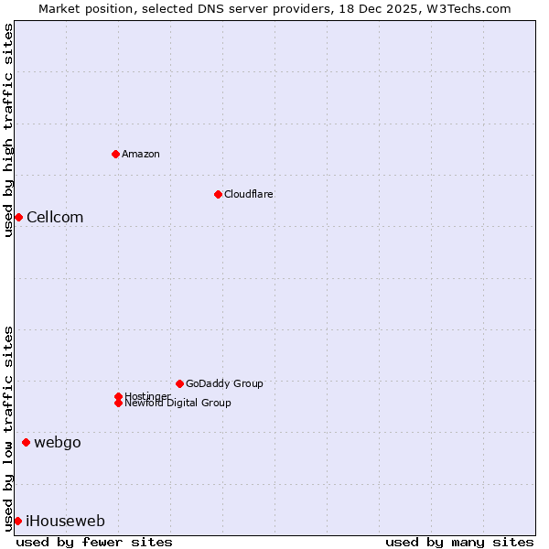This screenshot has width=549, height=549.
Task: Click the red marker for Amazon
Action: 116,154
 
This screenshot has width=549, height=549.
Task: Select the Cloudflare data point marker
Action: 218,194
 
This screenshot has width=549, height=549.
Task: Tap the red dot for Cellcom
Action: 18,217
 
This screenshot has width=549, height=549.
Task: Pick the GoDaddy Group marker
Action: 179,383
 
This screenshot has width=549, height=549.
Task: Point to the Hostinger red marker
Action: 118,396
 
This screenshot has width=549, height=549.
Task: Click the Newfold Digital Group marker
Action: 118,403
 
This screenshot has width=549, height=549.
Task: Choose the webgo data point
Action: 26,443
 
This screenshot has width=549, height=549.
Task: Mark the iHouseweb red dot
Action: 17,521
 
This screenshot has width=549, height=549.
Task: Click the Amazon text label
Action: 141,154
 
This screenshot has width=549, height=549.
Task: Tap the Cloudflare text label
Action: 249,194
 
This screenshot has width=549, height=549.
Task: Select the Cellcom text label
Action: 55,217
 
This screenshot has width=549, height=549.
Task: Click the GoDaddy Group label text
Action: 224,383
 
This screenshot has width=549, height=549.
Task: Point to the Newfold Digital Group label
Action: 178,404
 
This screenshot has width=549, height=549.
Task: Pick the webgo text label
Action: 58,443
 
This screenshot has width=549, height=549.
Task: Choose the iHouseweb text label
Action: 65,522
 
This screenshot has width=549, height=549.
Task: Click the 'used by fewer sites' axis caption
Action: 94,543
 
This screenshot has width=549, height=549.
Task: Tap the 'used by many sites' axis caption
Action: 459,543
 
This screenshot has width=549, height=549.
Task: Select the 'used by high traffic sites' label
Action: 8,131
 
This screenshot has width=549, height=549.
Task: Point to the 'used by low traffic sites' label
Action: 8,427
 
